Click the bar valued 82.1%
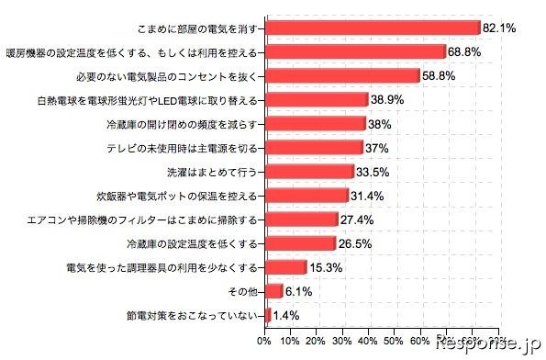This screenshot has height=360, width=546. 372,28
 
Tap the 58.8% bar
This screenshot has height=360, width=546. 342,76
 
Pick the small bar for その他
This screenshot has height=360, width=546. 273,291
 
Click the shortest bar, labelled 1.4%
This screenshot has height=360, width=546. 268,315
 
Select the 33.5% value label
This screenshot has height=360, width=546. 373,172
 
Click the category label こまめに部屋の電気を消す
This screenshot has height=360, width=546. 197,28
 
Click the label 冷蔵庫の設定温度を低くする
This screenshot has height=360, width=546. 192,243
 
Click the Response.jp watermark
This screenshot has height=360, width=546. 487,345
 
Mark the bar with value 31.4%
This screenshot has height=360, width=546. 306,196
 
